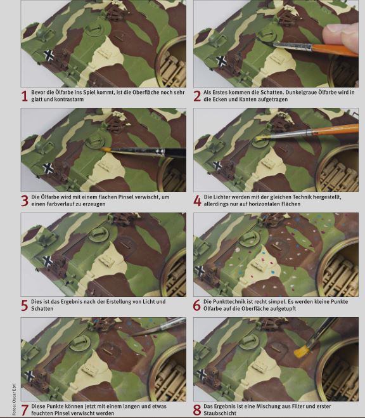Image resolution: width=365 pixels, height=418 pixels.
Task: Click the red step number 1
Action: (x=25, y=96)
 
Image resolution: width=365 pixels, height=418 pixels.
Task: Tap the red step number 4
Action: (x=197, y=200)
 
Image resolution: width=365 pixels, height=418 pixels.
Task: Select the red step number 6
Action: (x=197, y=306)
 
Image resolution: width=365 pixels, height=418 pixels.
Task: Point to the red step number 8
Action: (x=197, y=410)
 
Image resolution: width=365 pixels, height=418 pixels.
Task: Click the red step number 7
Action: (x=25, y=410)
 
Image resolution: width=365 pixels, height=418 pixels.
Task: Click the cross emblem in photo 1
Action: (x=49, y=55)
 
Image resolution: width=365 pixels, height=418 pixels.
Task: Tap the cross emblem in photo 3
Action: (x=48, y=169)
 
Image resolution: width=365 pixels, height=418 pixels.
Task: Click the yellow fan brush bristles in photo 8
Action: (x=302, y=351)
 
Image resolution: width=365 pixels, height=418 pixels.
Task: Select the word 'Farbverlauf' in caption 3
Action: (x=56, y=204)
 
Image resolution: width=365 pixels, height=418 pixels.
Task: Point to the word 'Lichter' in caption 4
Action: (x=222, y=197)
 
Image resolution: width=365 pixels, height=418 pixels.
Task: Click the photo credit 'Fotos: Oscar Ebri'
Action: (x=14, y=399)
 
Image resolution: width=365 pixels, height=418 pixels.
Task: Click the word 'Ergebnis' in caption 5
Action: (x=72, y=302)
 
